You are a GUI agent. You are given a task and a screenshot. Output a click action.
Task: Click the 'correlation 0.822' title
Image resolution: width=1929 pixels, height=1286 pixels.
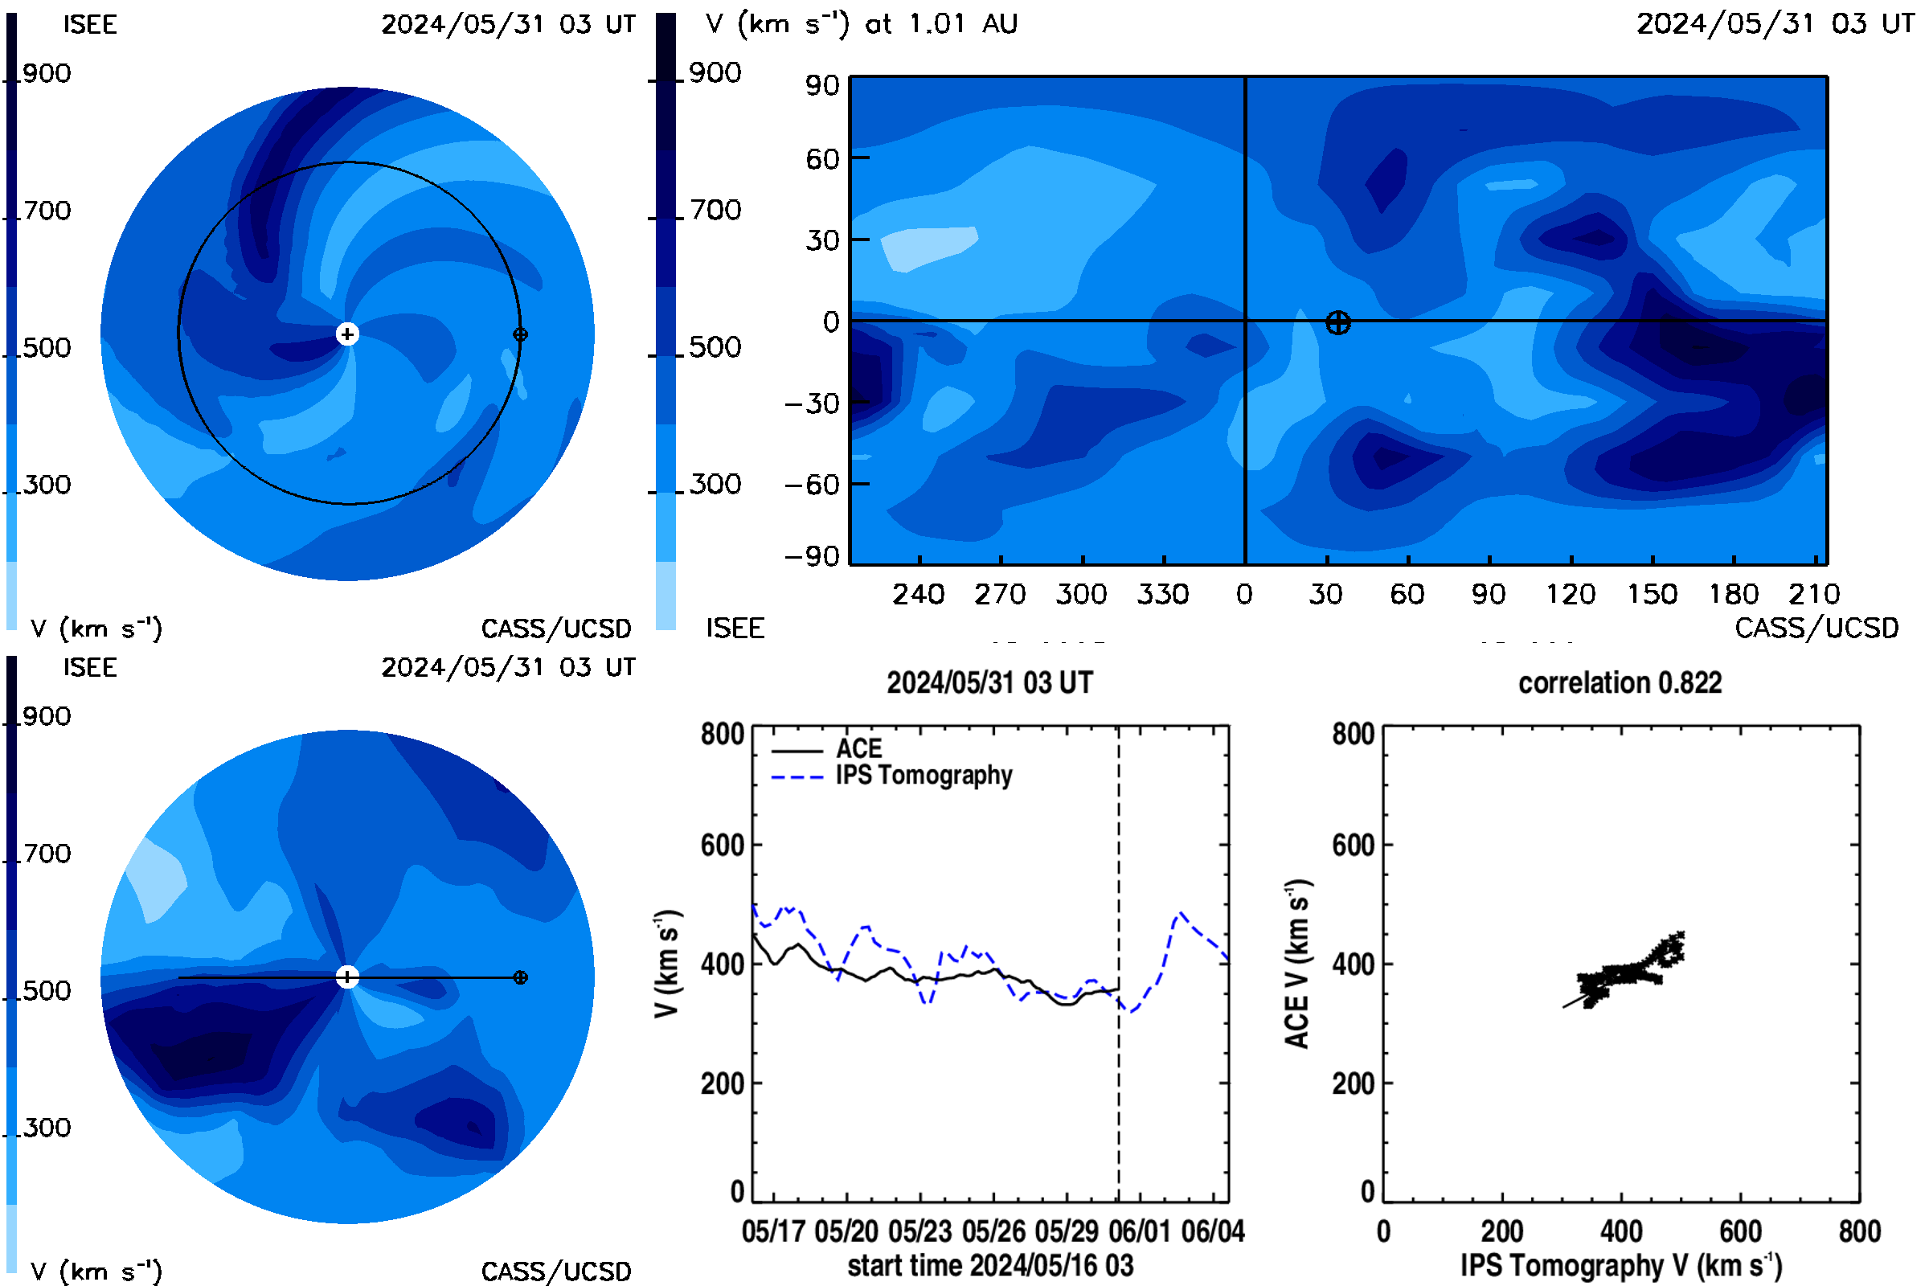tap(1619, 683)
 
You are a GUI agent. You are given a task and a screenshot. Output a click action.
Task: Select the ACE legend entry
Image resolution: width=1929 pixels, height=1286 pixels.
tap(858, 748)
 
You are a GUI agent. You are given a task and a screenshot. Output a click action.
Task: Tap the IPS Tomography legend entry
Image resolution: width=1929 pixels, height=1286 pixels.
tap(924, 775)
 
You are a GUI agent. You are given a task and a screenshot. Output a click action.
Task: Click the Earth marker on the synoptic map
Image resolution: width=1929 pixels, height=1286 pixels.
tap(1337, 323)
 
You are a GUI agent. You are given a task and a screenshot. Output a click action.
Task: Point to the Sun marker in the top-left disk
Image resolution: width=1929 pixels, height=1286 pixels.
tap(348, 334)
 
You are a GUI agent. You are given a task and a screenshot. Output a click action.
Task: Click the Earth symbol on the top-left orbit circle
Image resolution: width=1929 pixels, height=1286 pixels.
tap(520, 334)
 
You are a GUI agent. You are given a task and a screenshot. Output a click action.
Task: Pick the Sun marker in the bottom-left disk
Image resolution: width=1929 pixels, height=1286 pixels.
tap(348, 977)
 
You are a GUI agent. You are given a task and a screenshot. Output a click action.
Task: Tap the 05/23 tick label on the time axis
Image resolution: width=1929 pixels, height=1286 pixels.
tap(919, 1231)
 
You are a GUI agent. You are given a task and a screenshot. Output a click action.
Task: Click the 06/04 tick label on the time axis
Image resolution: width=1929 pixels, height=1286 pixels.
tap(1212, 1231)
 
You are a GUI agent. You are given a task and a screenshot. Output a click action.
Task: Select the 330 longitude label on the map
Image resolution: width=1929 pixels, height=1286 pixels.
tap(1162, 594)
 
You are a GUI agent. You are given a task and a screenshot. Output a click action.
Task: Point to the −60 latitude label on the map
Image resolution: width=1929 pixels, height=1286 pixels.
tap(812, 485)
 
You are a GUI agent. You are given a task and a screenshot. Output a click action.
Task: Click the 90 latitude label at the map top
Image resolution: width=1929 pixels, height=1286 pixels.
tap(821, 85)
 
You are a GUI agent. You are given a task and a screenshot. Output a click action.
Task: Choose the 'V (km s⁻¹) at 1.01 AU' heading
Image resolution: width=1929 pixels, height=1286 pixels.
tap(861, 24)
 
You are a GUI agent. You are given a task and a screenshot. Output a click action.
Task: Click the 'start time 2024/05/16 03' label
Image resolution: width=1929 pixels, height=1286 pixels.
tap(990, 1265)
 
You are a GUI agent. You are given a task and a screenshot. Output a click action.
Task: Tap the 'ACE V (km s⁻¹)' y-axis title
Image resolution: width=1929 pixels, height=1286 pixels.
tap(1296, 964)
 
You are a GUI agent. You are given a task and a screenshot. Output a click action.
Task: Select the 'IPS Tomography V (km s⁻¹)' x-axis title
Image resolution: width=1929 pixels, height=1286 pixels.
tap(1620, 1265)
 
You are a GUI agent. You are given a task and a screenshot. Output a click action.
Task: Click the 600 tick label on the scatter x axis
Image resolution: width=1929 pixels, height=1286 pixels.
tap(1739, 1231)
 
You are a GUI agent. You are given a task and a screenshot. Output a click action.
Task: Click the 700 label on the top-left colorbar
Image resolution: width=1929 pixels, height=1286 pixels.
tap(47, 211)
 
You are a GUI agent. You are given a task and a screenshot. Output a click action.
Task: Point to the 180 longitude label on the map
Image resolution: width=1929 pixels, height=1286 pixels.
tap(1733, 594)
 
